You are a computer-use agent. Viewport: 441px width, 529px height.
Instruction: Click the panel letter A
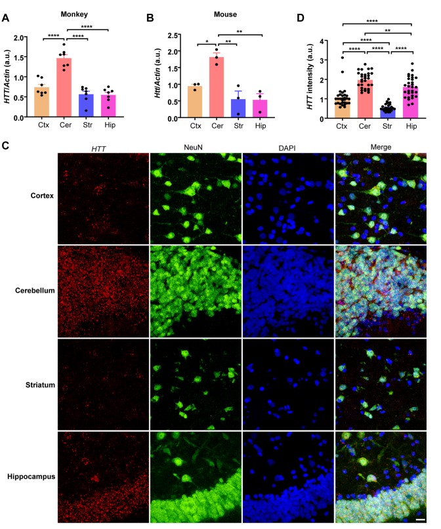5,9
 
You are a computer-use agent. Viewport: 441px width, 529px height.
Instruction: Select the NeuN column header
196,146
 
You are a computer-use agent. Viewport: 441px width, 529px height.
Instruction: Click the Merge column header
381,146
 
